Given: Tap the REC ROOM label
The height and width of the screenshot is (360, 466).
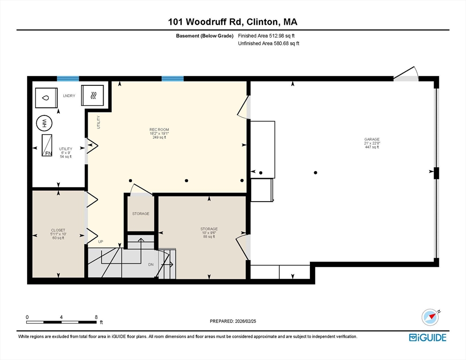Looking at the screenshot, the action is [x=159, y=130].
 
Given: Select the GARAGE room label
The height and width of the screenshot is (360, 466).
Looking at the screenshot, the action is [x=372, y=139].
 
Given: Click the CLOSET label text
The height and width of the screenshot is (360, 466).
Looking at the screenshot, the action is [x=58, y=230].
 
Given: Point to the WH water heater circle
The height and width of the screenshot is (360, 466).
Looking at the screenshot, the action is [x=44, y=123].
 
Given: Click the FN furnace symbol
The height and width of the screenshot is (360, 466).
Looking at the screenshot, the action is [x=47, y=145].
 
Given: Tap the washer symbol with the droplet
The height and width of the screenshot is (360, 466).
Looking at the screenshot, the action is [x=46, y=98].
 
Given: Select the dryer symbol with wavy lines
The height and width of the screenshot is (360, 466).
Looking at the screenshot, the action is [x=93, y=95].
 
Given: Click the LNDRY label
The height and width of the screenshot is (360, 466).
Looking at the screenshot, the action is [x=69, y=96].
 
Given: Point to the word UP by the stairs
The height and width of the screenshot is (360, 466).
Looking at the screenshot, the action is [x=101, y=242].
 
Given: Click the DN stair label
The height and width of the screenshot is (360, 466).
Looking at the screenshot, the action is [x=151, y=264].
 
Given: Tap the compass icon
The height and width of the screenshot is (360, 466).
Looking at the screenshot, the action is [x=430, y=317].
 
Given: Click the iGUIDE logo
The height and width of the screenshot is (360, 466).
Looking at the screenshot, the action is [x=428, y=337].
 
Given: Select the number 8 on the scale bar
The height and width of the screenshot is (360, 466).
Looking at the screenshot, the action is [x=96, y=317].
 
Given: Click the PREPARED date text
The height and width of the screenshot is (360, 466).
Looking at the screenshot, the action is [x=233, y=321].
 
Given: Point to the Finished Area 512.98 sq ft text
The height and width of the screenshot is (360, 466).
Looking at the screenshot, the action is [x=266, y=36].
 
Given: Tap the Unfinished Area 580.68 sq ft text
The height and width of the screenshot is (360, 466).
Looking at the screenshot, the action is [x=269, y=44].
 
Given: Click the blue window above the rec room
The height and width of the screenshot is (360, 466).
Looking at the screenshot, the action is [x=173, y=79].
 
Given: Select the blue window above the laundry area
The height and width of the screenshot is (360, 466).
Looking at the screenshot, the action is [x=68, y=79].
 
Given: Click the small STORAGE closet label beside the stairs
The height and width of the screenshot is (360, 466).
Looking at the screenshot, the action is [x=141, y=214].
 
